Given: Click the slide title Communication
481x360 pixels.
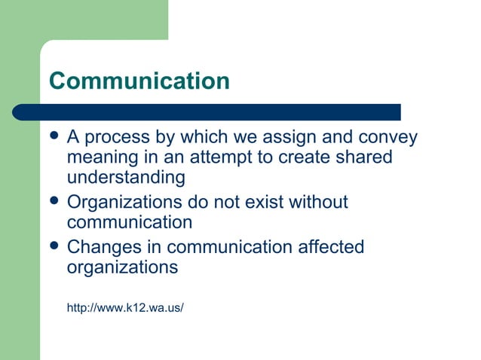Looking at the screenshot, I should (139, 81).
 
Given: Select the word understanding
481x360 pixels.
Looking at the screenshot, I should (126, 178).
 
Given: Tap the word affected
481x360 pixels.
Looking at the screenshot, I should (331, 247).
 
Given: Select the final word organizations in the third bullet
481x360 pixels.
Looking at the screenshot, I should (122, 267).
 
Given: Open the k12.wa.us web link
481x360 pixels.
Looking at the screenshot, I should (125, 307).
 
